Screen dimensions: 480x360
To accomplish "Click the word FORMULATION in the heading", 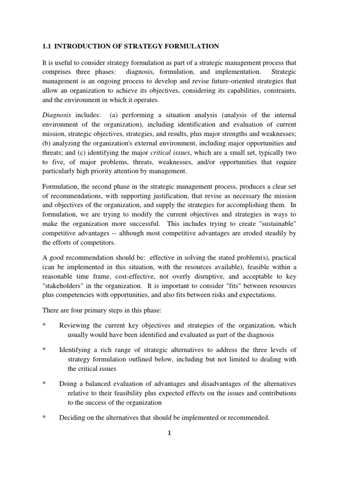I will pyautogui.click(x=193, y=46).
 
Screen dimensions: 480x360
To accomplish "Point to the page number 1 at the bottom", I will pyautogui.click(x=170, y=433).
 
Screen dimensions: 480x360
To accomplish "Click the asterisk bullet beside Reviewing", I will pyautogui.click(x=44, y=325).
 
